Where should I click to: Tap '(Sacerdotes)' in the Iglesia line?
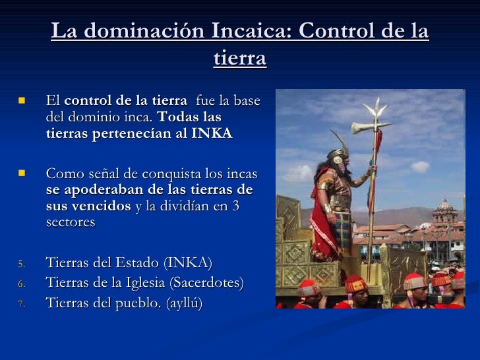pos(204,283)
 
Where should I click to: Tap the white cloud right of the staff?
pos(420,166)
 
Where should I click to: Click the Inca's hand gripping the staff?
pos(372,173)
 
